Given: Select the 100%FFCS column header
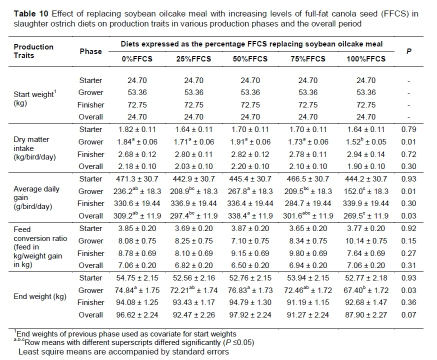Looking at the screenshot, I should coord(366,59).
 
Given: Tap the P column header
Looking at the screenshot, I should coord(409,51).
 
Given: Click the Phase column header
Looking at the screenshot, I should coord(90,51).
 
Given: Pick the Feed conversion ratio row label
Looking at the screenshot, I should coord(37,247).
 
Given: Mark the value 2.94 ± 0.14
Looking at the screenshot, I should coord(366,154).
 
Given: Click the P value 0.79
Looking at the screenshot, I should coord(409,129).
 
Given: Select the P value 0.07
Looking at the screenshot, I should coord(409,315).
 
